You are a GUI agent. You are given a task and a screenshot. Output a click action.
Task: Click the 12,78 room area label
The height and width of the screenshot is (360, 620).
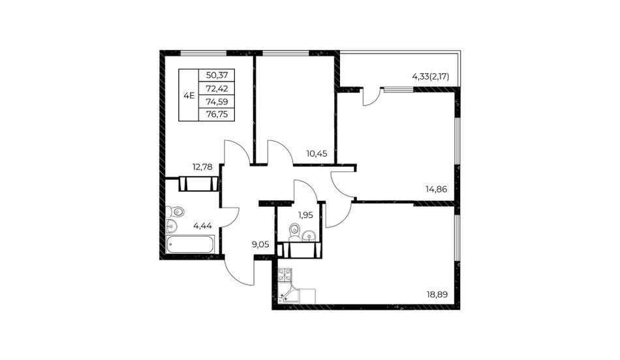click(202, 167)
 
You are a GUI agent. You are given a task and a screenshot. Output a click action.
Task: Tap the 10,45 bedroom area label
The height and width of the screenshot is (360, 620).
click(317, 153)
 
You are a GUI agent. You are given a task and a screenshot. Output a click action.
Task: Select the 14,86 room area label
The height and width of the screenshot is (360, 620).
click(436, 189)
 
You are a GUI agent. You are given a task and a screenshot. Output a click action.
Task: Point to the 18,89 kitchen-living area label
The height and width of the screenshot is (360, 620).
click(437, 294)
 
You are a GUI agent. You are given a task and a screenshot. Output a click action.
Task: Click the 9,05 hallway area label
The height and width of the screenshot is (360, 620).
click(260, 245)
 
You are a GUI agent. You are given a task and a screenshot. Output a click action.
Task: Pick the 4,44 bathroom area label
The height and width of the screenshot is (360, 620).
click(202, 226)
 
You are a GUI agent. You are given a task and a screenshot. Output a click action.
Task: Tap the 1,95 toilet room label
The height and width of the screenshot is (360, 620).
click(305, 215)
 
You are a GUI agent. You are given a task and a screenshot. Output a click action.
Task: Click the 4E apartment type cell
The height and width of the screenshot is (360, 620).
click(189, 95)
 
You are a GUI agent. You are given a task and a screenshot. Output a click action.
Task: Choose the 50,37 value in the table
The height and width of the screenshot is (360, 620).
click(217, 75)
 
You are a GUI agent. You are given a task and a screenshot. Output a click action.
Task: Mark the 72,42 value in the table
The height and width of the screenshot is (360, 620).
click(217, 89)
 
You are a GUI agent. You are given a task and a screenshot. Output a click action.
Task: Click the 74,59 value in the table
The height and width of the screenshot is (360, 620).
click(217, 102)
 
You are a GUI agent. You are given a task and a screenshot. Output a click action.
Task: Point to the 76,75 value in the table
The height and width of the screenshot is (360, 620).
click(217, 115)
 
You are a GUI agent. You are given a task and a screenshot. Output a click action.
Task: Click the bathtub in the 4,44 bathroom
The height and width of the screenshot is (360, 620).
click(190, 245)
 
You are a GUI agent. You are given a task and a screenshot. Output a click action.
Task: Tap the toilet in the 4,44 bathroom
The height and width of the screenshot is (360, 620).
click(176, 212)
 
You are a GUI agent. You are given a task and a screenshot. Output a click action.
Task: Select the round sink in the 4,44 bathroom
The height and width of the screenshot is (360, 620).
click(172, 226)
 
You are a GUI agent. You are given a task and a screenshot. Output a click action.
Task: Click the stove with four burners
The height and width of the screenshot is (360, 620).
click(285, 275)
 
